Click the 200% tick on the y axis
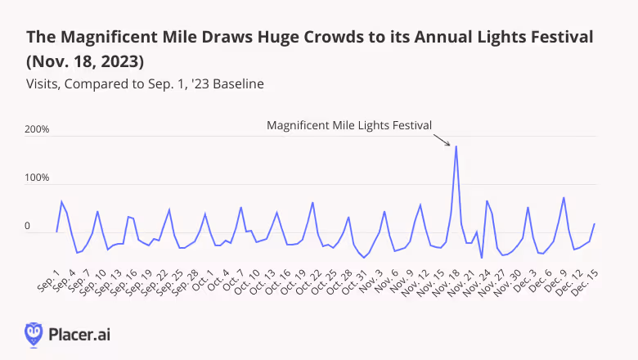point(38,130)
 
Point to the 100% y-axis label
point(38,178)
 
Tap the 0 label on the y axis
point(27,226)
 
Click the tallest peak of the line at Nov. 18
point(456,146)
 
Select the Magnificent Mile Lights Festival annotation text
point(349,125)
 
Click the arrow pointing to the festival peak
point(443,140)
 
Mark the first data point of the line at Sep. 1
point(56,232)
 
